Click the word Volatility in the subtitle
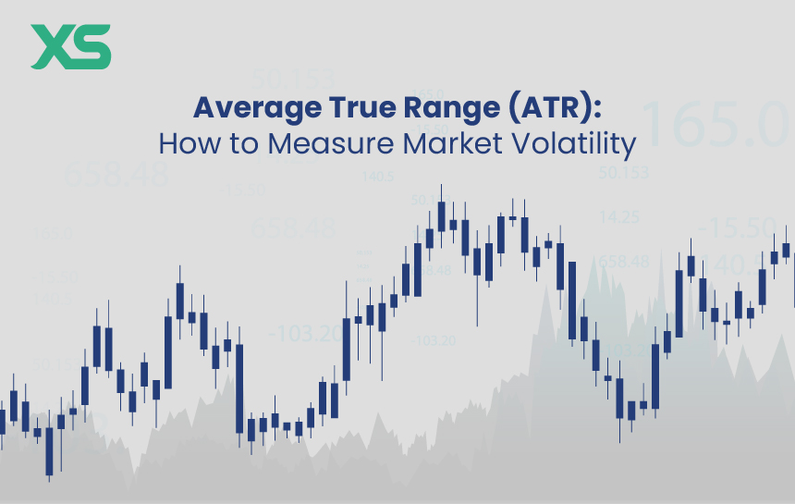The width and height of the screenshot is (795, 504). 581,144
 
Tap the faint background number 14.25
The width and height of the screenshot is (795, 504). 619,218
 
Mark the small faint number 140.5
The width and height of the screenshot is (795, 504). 378,177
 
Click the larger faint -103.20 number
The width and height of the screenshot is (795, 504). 305,334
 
